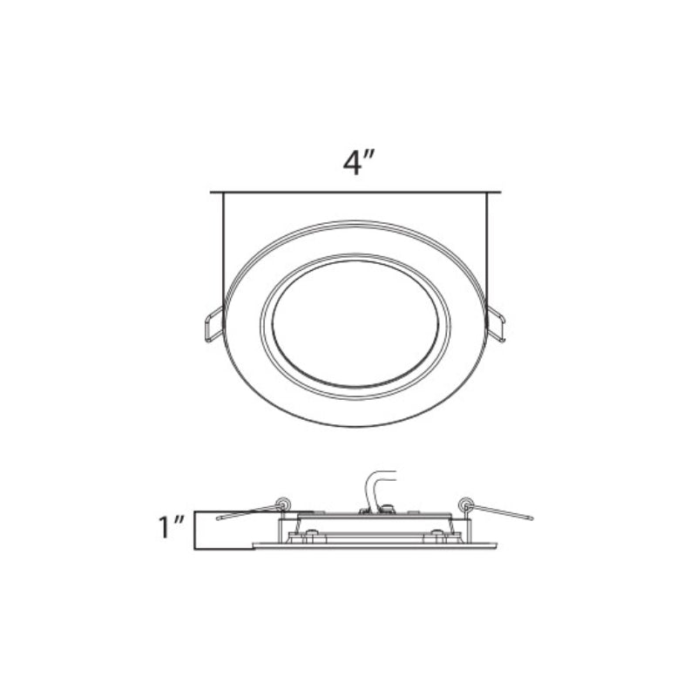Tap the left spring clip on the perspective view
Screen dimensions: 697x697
(x=213, y=325)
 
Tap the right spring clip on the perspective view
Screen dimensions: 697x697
(x=496, y=324)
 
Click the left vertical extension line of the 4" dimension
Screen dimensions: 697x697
(x=224, y=253)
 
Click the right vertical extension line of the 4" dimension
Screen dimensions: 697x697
(x=487, y=253)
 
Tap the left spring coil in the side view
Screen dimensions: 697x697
(x=281, y=503)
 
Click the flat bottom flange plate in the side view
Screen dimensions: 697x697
(x=375, y=545)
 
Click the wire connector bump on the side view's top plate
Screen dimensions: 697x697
(x=389, y=506)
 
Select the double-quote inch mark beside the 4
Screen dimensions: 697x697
(x=369, y=158)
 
